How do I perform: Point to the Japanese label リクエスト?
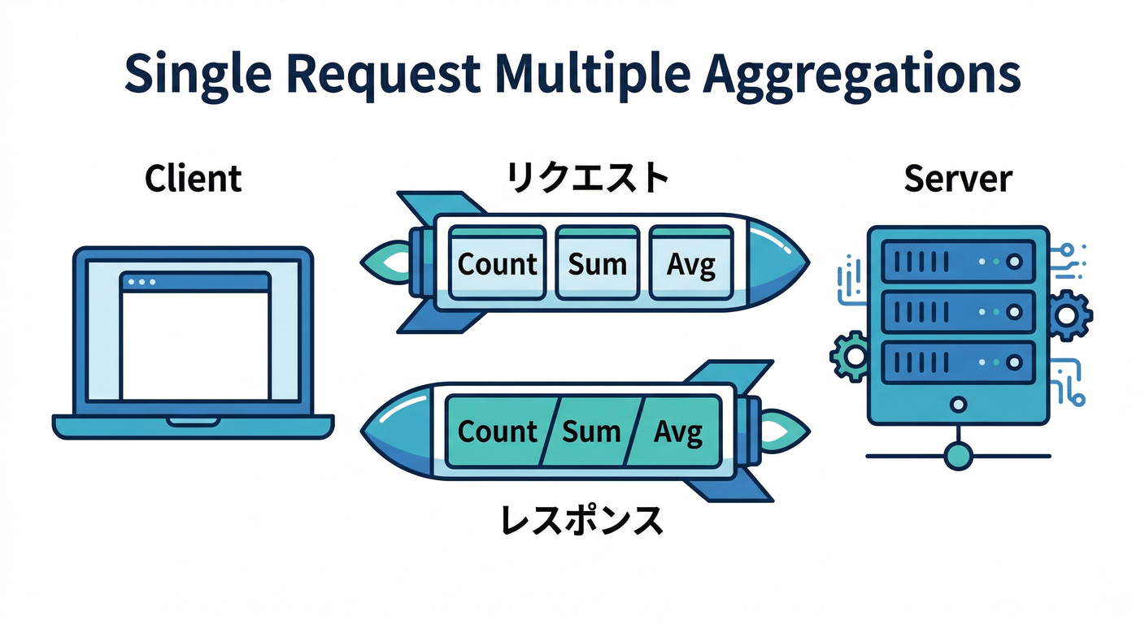(588, 178)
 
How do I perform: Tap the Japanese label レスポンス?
(581, 519)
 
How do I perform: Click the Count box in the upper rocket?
(497, 262)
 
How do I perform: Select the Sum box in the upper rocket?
(597, 262)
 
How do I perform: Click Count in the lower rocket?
(497, 431)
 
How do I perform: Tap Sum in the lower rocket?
(591, 431)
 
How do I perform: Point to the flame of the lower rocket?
(786, 428)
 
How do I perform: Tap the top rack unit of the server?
(957, 262)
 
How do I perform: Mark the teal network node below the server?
(959, 456)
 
